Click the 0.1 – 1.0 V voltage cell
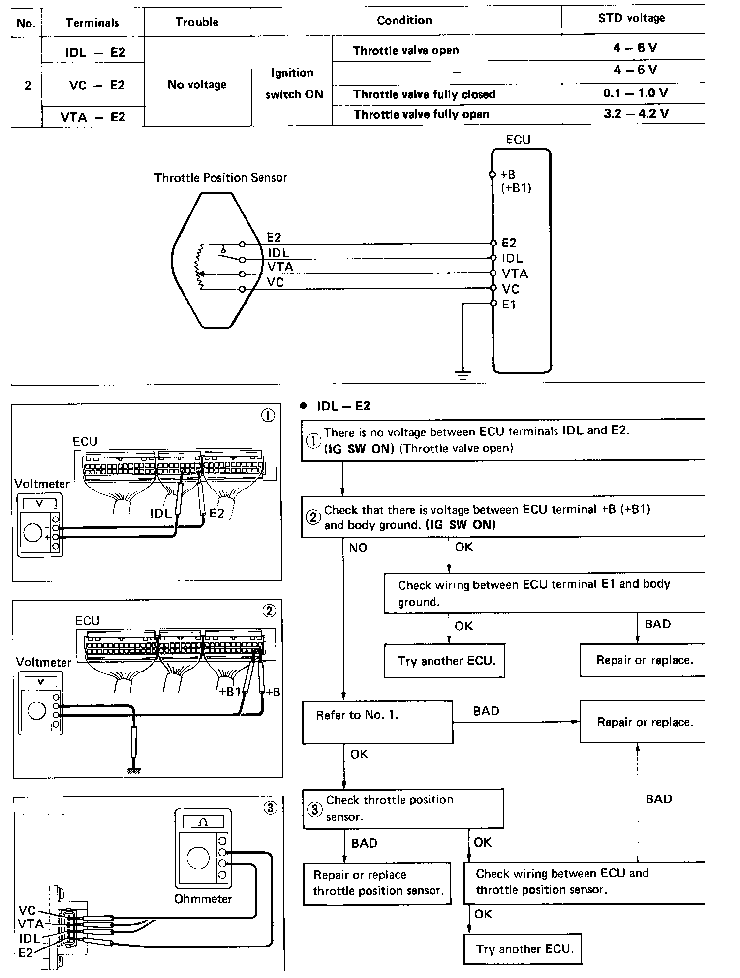click(x=636, y=93)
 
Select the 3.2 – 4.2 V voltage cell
click(x=636, y=114)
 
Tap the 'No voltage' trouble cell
click(x=197, y=84)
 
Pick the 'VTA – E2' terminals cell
click(x=93, y=117)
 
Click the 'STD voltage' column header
click(x=632, y=19)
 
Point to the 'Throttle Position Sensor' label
click(x=220, y=178)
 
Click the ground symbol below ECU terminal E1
click(x=462, y=375)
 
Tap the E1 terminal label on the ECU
click(x=509, y=305)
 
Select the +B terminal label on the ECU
click(x=508, y=175)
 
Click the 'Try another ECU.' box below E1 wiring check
click(x=444, y=661)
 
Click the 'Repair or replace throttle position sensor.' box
click(x=377, y=883)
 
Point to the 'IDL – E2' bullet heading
click(x=343, y=406)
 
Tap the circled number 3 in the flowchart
click(x=314, y=809)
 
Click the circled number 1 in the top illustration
click(x=268, y=416)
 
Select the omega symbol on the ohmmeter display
click(x=203, y=822)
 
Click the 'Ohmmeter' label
click(x=203, y=899)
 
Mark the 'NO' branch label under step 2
click(x=358, y=548)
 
